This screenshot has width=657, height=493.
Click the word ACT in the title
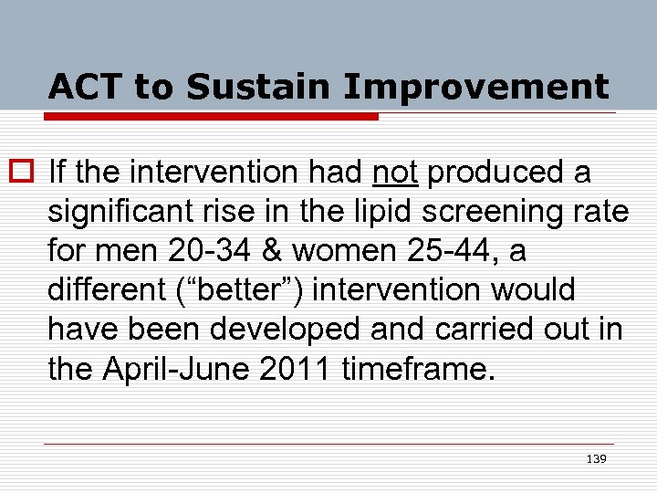pos(86,87)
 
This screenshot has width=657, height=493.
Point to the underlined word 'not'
pos(396,171)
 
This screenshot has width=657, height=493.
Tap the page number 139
pos(596,458)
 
